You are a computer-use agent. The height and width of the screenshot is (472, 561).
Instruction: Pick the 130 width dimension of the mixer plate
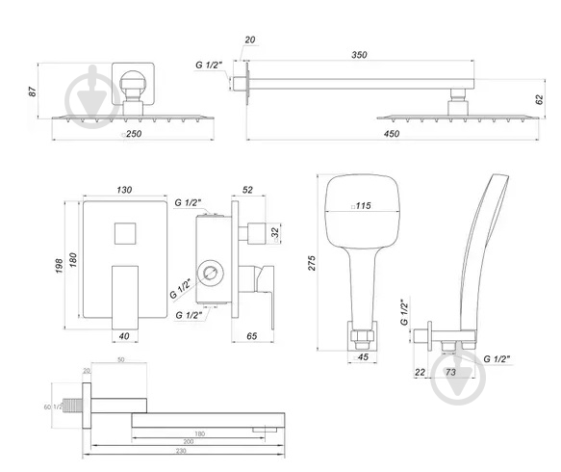[x=124, y=191]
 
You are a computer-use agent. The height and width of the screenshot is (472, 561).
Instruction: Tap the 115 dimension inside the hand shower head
[x=364, y=206]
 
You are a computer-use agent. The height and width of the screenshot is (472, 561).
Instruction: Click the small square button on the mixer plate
[x=124, y=233]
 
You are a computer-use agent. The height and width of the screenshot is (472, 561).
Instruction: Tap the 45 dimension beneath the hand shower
[x=364, y=358]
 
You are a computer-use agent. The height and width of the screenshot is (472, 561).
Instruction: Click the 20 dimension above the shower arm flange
[x=251, y=39]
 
